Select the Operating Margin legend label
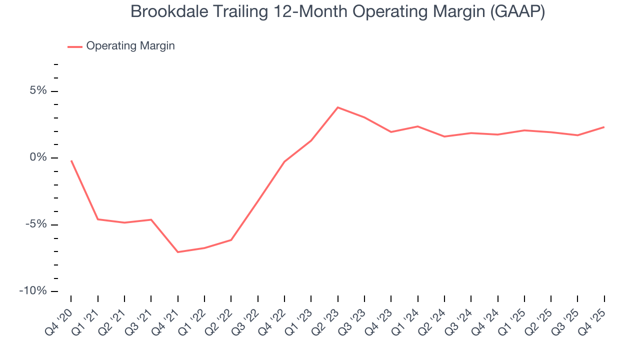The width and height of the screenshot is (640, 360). pos(130,46)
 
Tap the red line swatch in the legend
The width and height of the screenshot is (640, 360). pos(75,46)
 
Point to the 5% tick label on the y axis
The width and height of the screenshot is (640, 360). pos(38,91)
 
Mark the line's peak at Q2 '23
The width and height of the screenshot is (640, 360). pos(338,107)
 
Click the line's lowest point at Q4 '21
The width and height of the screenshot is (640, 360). pos(178,252)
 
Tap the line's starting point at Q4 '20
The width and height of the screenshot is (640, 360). pos(71,161)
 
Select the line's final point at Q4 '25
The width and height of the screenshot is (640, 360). pos(604,127)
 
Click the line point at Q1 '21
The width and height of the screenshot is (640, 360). pos(98,219)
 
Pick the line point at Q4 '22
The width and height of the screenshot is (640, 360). pos(284,161)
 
